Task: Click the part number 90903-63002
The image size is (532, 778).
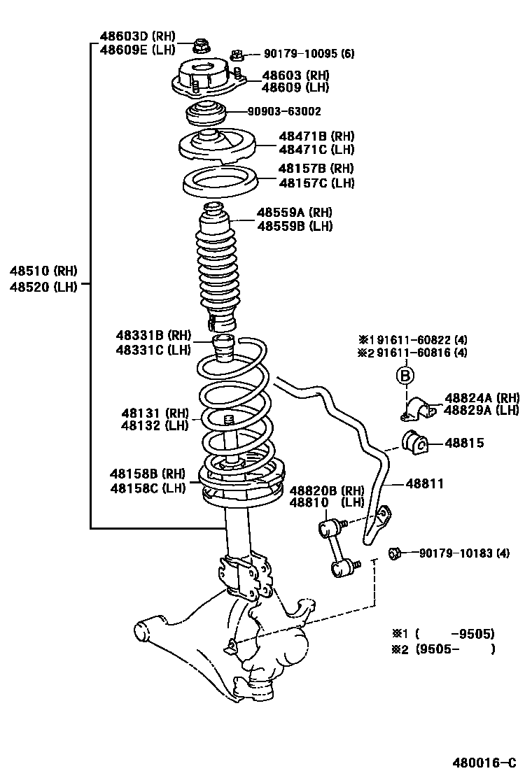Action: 284,111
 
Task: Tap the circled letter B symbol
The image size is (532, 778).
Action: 405,377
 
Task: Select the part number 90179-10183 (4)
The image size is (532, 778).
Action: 464,553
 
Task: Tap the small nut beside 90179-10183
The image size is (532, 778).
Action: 395,553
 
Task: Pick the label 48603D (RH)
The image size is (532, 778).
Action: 137,37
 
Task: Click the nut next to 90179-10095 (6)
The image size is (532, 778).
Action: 237,53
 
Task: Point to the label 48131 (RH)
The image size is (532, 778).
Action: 155,413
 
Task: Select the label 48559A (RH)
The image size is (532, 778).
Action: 294,213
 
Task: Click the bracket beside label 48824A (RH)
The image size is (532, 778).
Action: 418,407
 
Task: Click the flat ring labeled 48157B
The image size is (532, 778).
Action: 217,184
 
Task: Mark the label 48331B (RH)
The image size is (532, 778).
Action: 153,337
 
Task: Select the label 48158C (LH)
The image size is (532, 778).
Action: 147,488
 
